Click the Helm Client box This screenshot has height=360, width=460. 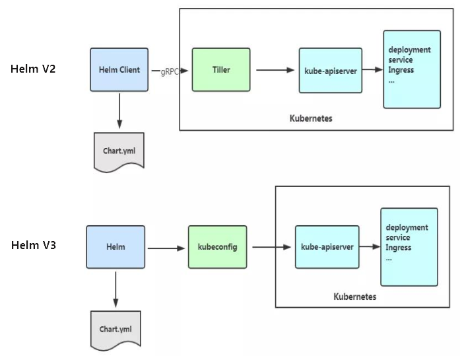pyautogui.click(x=119, y=69)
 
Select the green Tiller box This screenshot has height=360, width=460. pyautogui.click(x=221, y=69)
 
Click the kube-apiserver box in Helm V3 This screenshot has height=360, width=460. pyautogui.click(x=327, y=246)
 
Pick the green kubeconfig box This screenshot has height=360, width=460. pyautogui.click(x=217, y=246)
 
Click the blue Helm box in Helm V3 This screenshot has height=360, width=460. pyautogui.click(x=115, y=246)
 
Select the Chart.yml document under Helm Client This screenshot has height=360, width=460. pyautogui.click(x=119, y=151)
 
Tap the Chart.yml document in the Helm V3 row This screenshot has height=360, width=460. pyautogui.click(x=115, y=329)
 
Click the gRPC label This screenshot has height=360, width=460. pyautogui.click(x=170, y=71)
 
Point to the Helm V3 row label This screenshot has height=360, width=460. pyautogui.click(x=33, y=245)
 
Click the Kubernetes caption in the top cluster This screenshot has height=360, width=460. pyautogui.click(x=311, y=119)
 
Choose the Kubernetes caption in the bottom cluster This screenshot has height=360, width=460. pyautogui.click(x=355, y=297)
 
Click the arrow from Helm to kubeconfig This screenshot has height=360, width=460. pyautogui.click(x=166, y=248)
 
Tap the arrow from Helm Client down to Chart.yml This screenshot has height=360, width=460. pyautogui.click(x=119, y=110)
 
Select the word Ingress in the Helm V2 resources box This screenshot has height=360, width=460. pyautogui.click(x=401, y=70)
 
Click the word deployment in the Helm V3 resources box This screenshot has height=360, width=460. pyautogui.click(x=407, y=227)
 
